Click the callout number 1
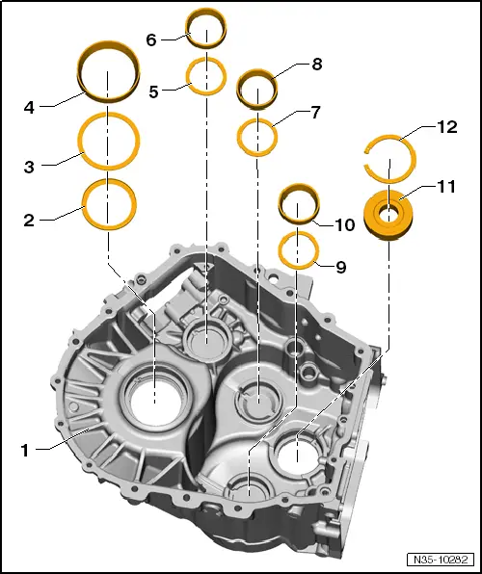[x=27, y=449]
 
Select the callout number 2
[x=29, y=220]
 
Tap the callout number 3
[x=29, y=167]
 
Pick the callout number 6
[x=150, y=39]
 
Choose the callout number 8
[x=316, y=65]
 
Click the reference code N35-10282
[x=439, y=559]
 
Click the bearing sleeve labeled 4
[x=107, y=75]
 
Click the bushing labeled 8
[x=257, y=89]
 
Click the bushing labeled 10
[x=299, y=207]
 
